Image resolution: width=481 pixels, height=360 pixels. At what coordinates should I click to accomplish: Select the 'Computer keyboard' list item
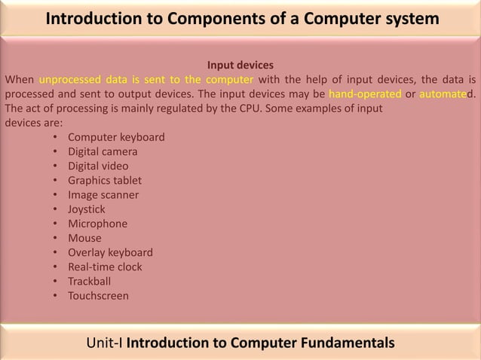click(116, 137)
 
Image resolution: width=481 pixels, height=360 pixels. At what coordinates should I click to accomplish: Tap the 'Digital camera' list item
click(103, 151)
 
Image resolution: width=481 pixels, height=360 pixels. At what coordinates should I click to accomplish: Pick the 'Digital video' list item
click(98, 166)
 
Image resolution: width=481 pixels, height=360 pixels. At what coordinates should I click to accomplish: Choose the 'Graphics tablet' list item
click(104, 180)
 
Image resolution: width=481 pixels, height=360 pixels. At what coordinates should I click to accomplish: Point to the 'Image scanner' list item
click(103, 194)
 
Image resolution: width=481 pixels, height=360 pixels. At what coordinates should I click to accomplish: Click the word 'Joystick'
click(87, 209)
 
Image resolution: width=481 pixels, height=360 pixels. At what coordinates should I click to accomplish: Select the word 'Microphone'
click(97, 224)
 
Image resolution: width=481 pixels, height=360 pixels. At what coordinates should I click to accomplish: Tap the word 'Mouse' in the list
click(84, 238)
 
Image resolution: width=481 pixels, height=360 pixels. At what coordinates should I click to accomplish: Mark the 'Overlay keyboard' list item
click(110, 252)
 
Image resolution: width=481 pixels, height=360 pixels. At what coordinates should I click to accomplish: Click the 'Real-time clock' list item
click(105, 267)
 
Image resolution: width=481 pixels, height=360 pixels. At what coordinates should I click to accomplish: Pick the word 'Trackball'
click(89, 281)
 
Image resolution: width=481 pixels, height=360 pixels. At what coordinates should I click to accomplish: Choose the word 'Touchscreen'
click(98, 296)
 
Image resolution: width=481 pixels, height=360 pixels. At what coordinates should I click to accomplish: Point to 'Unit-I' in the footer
click(105, 344)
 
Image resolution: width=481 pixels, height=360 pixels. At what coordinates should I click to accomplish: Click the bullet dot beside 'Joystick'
click(57, 209)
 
